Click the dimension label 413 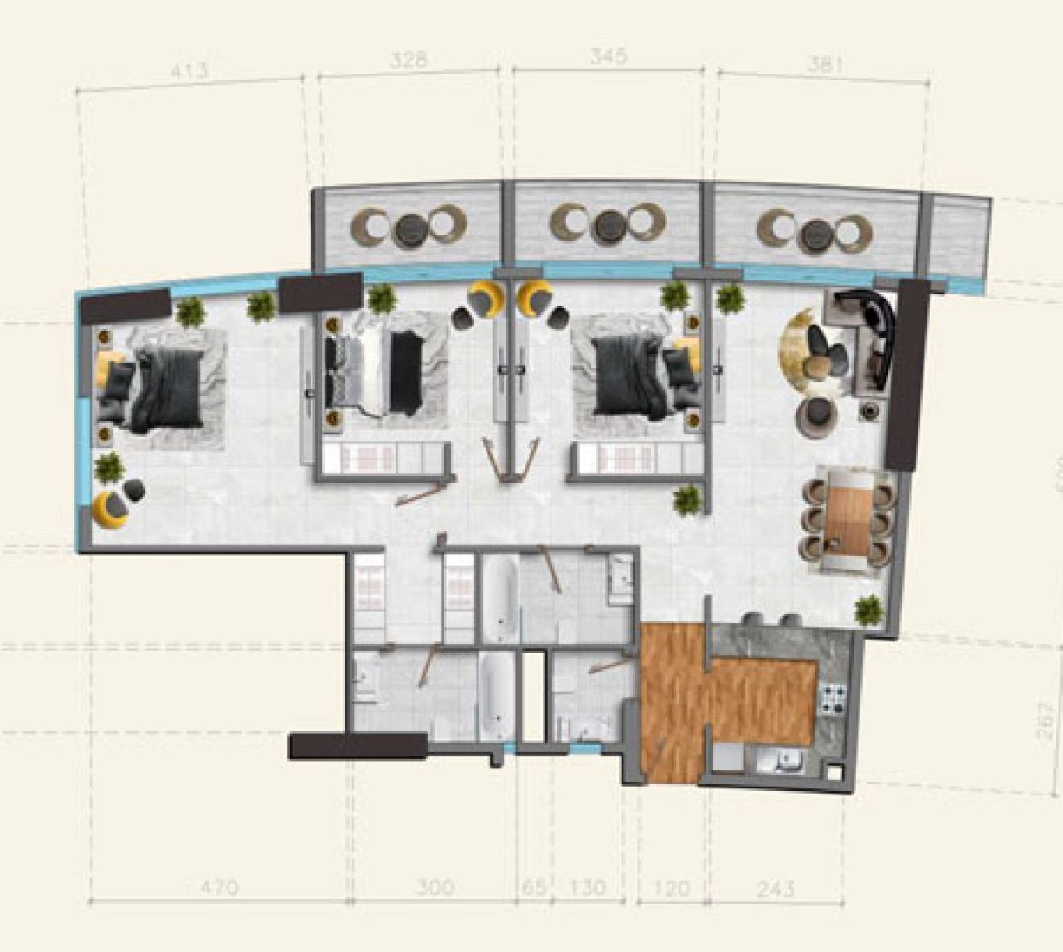point(189,70)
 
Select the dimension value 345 point(609,58)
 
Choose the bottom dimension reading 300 point(435,887)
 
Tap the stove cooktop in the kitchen point(833,698)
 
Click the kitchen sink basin point(788,762)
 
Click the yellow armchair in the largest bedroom point(110,509)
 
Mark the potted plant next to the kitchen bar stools point(868,610)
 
